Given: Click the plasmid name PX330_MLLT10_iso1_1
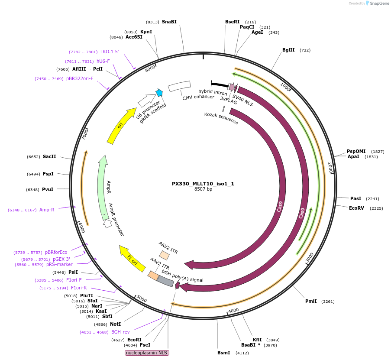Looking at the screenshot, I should pyautogui.click(x=203, y=183).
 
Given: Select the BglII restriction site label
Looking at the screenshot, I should pyautogui.click(x=288, y=50).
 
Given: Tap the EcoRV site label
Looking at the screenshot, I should pyautogui.click(x=356, y=208).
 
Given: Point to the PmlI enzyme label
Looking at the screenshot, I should pyautogui.click(x=311, y=301).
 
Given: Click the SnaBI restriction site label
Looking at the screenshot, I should pyautogui.click(x=169, y=22).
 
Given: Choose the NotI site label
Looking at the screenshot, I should pyautogui.click(x=115, y=324).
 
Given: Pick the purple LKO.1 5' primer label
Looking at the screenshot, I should pyautogui.click(x=110, y=52).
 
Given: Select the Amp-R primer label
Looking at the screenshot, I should pyautogui.click(x=47, y=210).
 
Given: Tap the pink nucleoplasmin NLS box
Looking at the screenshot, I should pyautogui.click(x=147, y=353).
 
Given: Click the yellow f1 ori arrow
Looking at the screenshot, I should pyautogui.click(x=132, y=258).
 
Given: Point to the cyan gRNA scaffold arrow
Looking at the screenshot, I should pyautogui.click(x=159, y=92).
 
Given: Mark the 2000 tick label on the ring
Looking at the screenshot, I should pyautogui.click(x=330, y=168).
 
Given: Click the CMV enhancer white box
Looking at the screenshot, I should pyautogui.click(x=179, y=86).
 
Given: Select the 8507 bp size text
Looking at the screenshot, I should pyautogui.click(x=203, y=189).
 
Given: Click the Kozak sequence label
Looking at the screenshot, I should pyautogui.click(x=221, y=118).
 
